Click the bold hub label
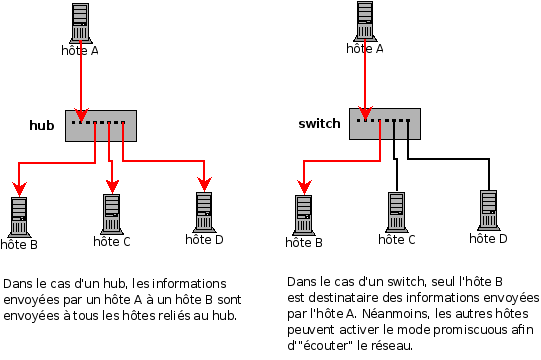click(x=42, y=125)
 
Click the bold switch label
click(x=319, y=123)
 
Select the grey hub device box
click(x=101, y=126)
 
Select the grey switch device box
click(x=385, y=124)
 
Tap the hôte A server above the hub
click(x=80, y=23)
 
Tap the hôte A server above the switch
click(x=365, y=21)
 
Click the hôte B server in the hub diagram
click(x=19, y=217)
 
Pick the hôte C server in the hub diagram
click(x=112, y=214)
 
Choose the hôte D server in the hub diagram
click(x=204, y=212)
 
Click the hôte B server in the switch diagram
click(x=304, y=215)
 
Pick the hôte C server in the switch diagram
click(x=396, y=212)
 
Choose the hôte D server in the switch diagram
click(x=489, y=210)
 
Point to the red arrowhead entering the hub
click(x=81, y=115)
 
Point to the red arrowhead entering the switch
click(x=365, y=113)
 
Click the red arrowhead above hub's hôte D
click(x=205, y=184)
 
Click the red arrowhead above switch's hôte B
click(x=304, y=187)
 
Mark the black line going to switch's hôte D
click(x=449, y=159)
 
